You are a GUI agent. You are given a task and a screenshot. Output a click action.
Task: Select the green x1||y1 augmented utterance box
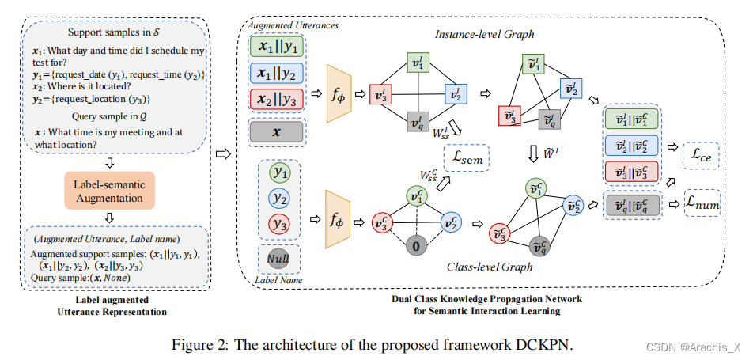(x=275, y=47)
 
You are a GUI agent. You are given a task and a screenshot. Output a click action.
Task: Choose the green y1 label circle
(x=278, y=172)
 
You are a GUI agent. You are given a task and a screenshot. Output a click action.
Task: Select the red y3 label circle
(x=278, y=224)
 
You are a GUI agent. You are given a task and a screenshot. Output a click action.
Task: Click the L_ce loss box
(x=700, y=157)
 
